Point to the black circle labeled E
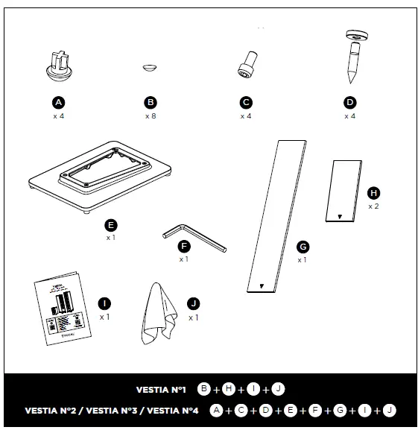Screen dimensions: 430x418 111,224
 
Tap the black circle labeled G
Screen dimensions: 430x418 303,247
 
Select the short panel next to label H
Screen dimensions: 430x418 343,191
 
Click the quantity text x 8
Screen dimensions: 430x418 151,116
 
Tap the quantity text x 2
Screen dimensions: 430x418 373,206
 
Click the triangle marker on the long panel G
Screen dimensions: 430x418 261,285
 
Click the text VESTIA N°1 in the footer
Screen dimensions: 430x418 162,389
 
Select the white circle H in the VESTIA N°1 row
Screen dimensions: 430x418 229,389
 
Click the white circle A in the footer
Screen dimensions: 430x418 216,409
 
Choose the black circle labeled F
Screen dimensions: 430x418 184,245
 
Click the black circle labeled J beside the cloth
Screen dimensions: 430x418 194,303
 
